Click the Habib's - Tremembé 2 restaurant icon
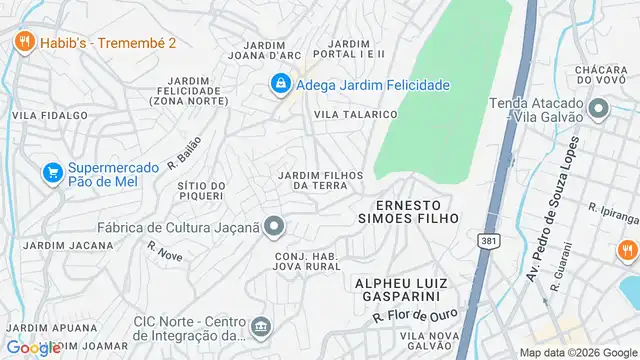coord(25,42)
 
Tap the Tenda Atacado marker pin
coord(599,108)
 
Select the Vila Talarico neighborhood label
coord(356,115)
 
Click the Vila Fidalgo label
coord(44,115)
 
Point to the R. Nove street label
coord(164,251)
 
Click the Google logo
coord(34,347)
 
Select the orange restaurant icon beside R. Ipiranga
coord(627,249)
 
